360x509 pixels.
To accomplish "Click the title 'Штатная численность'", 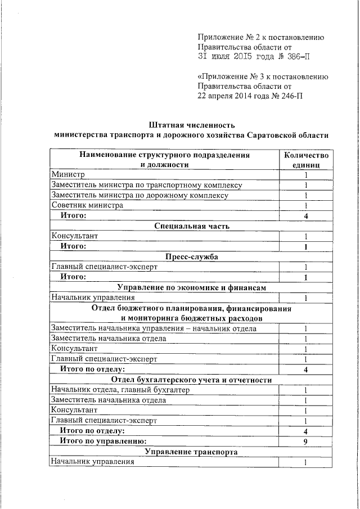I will coord(191,124).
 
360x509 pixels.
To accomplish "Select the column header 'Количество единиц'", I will coord(305,159).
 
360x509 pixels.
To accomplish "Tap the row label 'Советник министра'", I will coord(87,205).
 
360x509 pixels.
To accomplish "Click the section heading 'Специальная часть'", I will coord(191,226).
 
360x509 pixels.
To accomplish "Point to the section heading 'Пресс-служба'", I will coord(191,256).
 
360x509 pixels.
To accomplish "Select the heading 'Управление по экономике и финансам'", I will coord(191,287).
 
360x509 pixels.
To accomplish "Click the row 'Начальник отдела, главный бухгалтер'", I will coord(120,390).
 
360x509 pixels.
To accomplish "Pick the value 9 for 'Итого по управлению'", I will coord(305,442).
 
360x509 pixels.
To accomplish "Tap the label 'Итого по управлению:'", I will coord(103,442).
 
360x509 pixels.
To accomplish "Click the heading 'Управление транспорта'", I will coord(191,452).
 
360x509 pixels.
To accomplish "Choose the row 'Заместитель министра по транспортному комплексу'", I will coord(146,185).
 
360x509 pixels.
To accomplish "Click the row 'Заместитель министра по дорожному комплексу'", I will coord(139,195).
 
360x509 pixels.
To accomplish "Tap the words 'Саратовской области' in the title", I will coord(287,135).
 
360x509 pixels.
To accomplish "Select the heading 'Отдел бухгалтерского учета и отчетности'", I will coord(191,380).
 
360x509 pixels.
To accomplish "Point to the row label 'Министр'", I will coord(67,175).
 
